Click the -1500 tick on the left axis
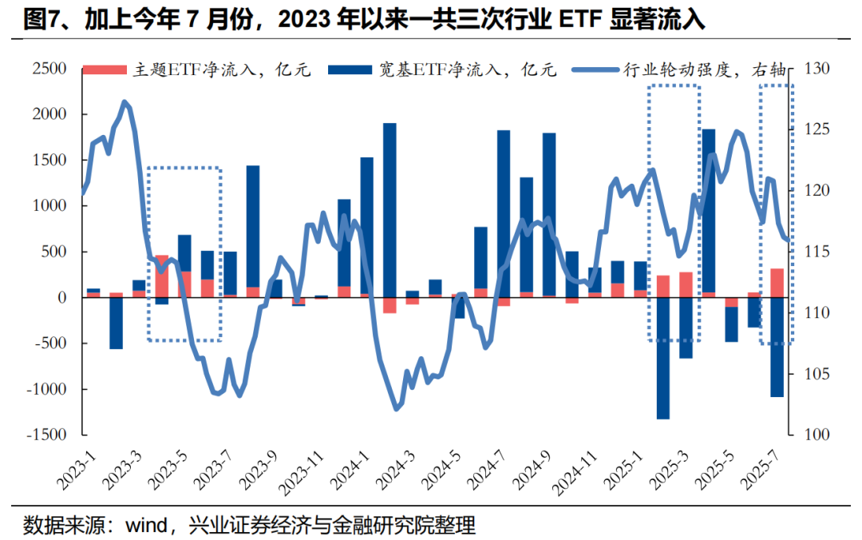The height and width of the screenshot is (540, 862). click(x=45, y=435)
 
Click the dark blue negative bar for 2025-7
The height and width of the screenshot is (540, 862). click(x=777, y=347)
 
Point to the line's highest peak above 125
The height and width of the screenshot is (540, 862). click(x=125, y=102)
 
